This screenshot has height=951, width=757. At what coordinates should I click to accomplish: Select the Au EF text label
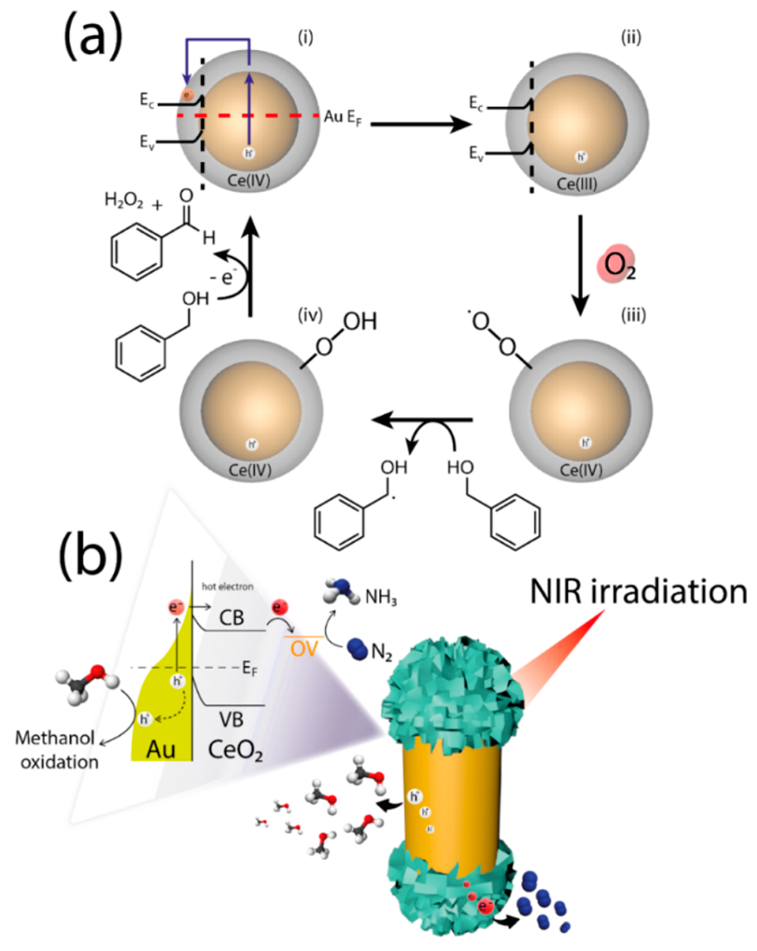343,118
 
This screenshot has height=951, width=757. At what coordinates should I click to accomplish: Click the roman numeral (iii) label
633,316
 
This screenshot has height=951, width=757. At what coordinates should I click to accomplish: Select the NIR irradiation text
638,592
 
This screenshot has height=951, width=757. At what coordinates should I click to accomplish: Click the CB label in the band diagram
231,618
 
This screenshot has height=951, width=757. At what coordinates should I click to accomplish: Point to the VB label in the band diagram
231,720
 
